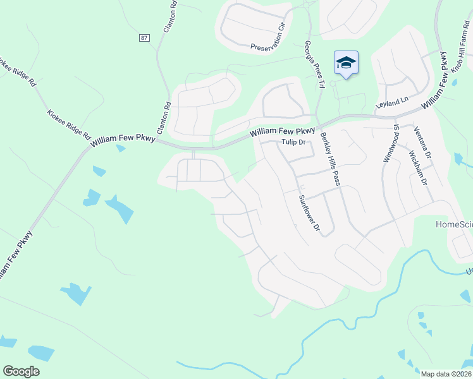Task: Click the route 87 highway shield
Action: click(x=145, y=38)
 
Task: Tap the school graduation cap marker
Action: click(x=346, y=63)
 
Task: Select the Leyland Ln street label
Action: click(x=393, y=100)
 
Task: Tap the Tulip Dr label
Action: click(x=293, y=142)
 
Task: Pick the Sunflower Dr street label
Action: click(x=310, y=212)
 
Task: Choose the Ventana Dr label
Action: click(x=422, y=143)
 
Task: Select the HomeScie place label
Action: click(x=454, y=224)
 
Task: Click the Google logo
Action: click(x=21, y=371)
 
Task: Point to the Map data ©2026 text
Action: click(x=446, y=374)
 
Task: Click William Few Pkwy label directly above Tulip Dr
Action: click(x=282, y=131)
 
